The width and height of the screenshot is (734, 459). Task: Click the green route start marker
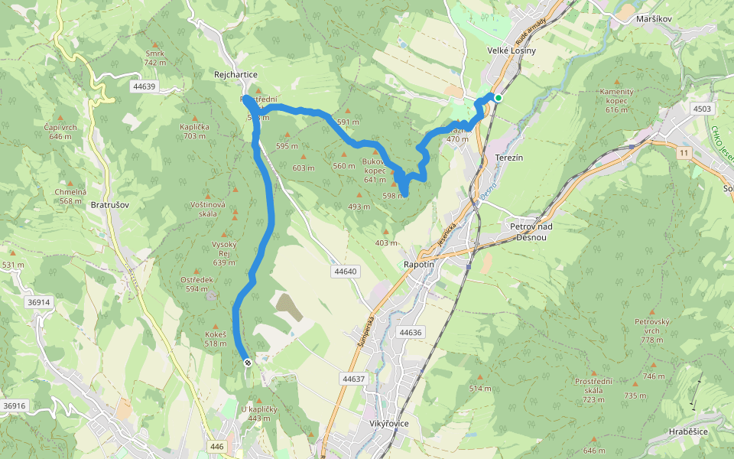(498, 98)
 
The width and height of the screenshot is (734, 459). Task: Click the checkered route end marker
(247, 363)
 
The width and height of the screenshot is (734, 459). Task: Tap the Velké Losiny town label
(512, 50)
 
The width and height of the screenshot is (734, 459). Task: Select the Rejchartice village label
(235, 74)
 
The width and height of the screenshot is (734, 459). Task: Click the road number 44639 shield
(143, 86)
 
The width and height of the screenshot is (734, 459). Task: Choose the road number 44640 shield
(346, 272)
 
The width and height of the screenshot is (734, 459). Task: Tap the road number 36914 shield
(38, 302)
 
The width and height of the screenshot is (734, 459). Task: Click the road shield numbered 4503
(702, 109)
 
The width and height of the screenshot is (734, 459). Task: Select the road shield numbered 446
(217, 446)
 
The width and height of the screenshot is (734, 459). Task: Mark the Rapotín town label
(418, 264)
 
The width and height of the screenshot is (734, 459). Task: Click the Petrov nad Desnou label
(537, 232)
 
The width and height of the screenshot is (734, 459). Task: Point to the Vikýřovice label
(388, 423)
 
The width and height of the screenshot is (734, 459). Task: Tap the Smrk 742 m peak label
(155, 58)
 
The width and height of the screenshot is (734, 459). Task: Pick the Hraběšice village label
(688, 431)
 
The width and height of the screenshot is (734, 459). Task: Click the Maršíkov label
(654, 18)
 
